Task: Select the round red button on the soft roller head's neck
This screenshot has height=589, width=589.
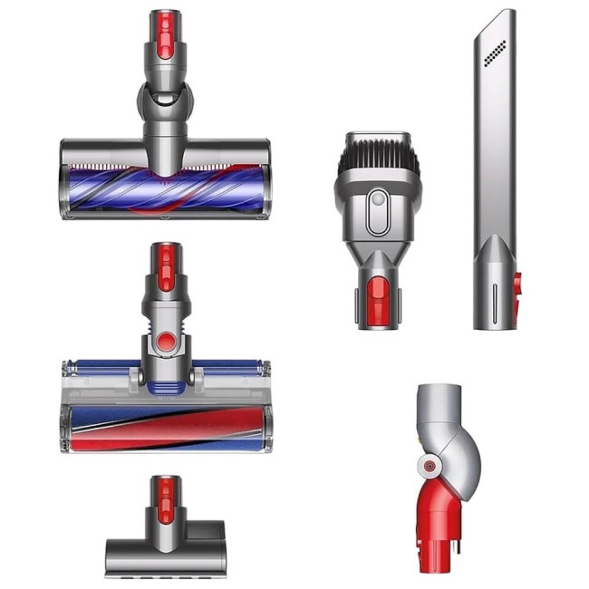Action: pyautogui.click(x=165, y=342)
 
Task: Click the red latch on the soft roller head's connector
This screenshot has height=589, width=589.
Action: pyautogui.click(x=165, y=264)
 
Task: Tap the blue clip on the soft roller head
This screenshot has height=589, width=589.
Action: pyautogui.click(x=165, y=387)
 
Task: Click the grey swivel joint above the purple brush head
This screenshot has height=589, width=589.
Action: pyautogui.click(x=164, y=100)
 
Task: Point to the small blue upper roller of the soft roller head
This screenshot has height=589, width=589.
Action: pyautogui.click(x=100, y=369)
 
